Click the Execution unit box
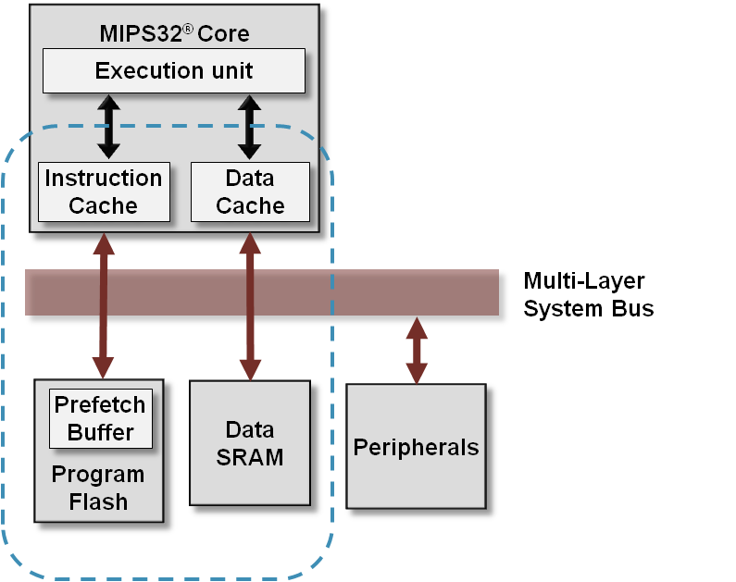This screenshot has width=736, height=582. click(x=174, y=71)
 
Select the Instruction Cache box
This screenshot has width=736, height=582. click(x=104, y=192)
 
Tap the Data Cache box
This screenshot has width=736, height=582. click(x=250, y=192)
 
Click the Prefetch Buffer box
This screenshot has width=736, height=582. click(x=100, y=418)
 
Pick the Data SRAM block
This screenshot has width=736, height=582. click(x=250, y=443)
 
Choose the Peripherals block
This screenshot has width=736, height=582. click(x=416, y=448)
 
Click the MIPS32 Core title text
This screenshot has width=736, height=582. click(x=174, y=34)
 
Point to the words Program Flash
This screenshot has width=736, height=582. click(x=98, y=489)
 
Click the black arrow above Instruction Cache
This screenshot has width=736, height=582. click(x=109, y=126)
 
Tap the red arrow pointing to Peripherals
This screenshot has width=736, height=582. click(x=418, y=351)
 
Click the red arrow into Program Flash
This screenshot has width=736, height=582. click(x=103, y=305)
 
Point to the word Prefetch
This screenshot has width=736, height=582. click(x=100, y=405)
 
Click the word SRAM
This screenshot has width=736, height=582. click(x=250, y=457)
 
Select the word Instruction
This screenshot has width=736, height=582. click(x=104, y=178)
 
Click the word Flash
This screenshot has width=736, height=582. click(x=98, y=502)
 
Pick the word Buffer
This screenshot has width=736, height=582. click(x=100, y=432)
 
